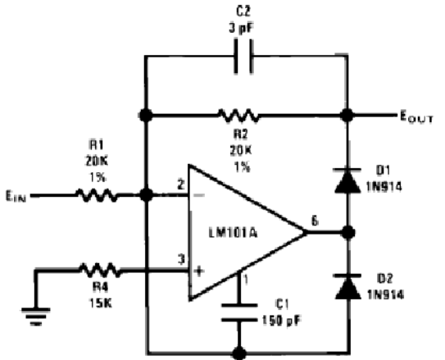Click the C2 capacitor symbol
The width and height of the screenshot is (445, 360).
coord(243,57)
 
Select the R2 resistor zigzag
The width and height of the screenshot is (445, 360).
coord(238,116)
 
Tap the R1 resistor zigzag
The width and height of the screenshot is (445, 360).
coord(97,195)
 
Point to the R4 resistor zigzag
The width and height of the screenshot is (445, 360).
coord(100,271)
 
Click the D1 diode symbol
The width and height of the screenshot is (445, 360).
coord(347,180)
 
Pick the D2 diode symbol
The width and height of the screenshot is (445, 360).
coord(348,287)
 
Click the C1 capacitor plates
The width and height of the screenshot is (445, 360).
coord(239,312)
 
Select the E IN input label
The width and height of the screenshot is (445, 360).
coord(16,196)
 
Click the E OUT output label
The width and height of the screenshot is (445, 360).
coord(416,116)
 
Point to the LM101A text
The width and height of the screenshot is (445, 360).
coord(233,234)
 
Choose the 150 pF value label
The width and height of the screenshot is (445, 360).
coord(281,321)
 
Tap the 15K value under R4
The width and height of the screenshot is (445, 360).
coord(101,303)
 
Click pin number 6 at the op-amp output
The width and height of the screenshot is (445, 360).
coord(315,221)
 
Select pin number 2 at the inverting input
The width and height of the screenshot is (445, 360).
coord(181,185)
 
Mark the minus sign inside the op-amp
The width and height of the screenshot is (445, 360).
coord(199,195)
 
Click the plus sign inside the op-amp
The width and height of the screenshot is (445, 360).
coord(199,271)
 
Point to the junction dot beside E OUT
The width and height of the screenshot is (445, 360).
coord(347,116)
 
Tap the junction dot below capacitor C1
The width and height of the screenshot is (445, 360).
coord(239,353)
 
